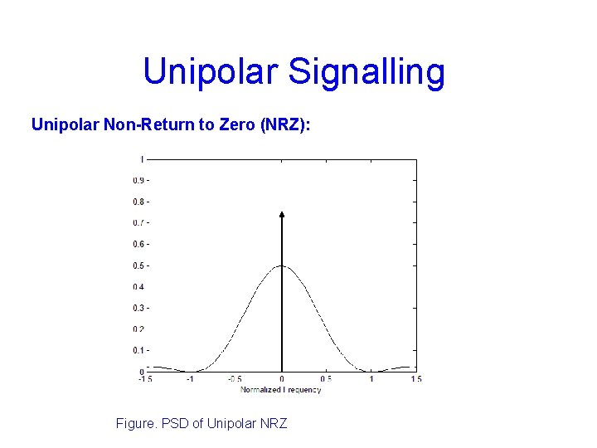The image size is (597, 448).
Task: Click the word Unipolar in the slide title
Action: [211, 72]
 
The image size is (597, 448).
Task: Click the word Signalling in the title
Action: [366, 72]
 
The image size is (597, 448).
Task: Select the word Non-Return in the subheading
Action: [138, 124]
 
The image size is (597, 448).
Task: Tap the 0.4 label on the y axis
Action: [138, 287]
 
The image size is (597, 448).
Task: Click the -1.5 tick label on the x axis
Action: [146, 379]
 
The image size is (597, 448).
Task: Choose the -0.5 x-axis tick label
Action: [235, 379]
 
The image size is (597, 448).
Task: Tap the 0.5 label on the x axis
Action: [326, 379]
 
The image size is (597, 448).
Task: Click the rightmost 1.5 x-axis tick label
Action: [415, 379]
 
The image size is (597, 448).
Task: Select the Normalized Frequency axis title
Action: [281, 388]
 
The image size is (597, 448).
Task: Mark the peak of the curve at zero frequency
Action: [282, 266]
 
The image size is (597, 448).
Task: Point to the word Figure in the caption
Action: [135, 424]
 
